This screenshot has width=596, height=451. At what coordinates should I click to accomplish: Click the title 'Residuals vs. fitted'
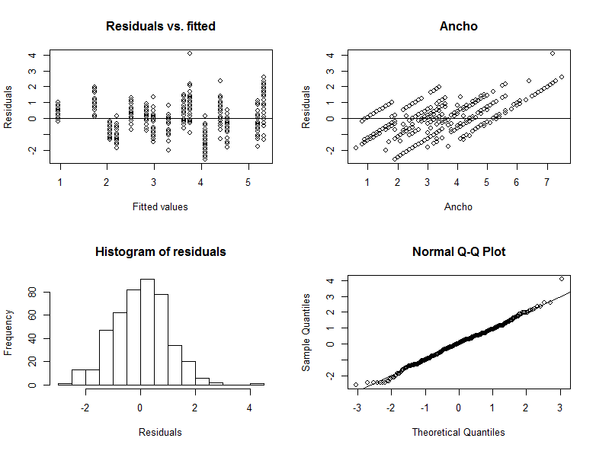[x=160, y=27]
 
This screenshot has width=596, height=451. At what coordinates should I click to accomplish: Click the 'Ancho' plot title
[x=458, y=27]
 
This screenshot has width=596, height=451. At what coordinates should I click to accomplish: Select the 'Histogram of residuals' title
[x=160, y=251]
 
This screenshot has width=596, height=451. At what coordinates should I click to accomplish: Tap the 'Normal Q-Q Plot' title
[x=458, y=251]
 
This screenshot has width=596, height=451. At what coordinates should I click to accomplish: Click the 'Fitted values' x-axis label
[x=160, y=206]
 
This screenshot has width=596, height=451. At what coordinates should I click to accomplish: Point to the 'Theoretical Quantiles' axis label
[x=458, y=432]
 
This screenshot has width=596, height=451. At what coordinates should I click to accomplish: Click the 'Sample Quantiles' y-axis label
[x=306, y=332]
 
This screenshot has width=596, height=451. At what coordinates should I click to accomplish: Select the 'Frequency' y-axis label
[x=8, y=332]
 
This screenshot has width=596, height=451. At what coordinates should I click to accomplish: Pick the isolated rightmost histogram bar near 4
[x=257, y=384]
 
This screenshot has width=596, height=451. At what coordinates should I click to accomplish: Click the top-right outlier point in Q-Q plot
[x=562, y=279]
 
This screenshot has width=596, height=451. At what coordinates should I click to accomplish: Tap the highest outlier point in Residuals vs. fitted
[x=190, y=53]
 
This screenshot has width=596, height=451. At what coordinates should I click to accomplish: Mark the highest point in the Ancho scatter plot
[x=553, y=53]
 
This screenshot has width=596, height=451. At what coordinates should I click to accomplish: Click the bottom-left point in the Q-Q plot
[x=356, y=385]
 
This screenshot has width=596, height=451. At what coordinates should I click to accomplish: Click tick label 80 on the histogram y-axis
[x=32, y=291]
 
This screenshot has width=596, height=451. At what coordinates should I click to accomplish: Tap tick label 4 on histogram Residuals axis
[x=250, y=407]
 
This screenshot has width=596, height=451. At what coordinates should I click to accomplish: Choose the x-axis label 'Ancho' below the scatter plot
[x=458, y=206]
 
